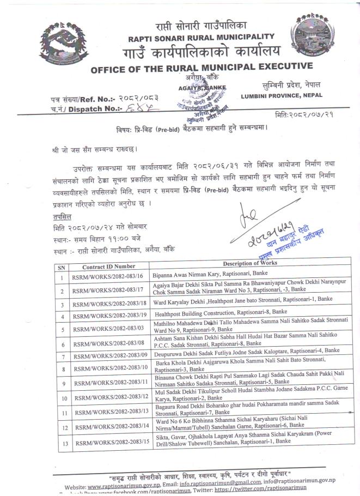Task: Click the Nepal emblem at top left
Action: click(64, 43)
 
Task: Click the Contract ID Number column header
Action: click(109, 267)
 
